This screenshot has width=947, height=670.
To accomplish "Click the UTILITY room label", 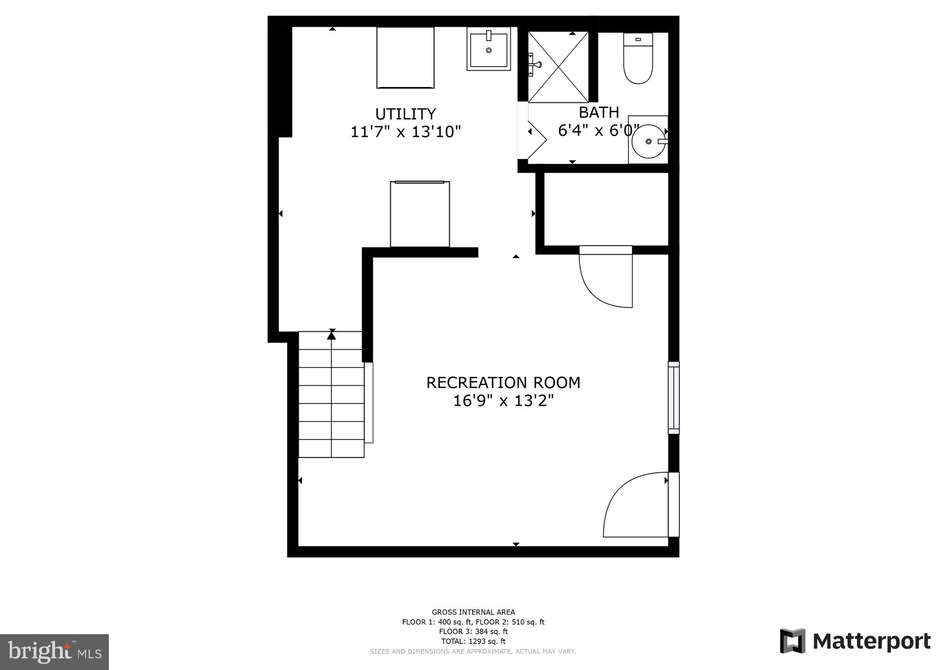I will click(x=405, y=114).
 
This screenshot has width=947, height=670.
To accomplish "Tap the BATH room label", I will click(x=599, y=113).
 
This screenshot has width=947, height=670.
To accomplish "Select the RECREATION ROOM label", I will click(x=503, y=382).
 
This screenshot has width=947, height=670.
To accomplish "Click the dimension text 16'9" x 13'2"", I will click(x=503, y=401).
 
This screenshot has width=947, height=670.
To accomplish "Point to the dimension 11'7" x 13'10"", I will click(x=405, y=132).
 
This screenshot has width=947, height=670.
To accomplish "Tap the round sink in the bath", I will click(x=648, y=141).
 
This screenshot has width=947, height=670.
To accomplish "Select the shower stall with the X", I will click(x=558, y=67).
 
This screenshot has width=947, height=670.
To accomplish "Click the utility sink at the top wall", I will click(x=488, y=49).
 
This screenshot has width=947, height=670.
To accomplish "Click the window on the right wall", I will click(x=674, y=398).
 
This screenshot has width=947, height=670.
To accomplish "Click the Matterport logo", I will click(x=855, y=641).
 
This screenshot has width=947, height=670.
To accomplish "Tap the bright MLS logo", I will click(x=54, y=651).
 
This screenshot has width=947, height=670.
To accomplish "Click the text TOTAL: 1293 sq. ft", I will click(x=473, y=641).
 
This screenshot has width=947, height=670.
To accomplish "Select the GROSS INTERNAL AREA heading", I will click(x=473, y=612).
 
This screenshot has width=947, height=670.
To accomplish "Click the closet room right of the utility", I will click(x=606, y=209).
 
